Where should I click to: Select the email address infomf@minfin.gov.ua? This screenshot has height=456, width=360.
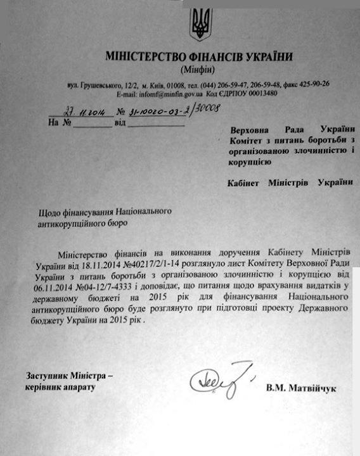[169, 93]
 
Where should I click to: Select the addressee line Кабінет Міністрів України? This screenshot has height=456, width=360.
[290, 183]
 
